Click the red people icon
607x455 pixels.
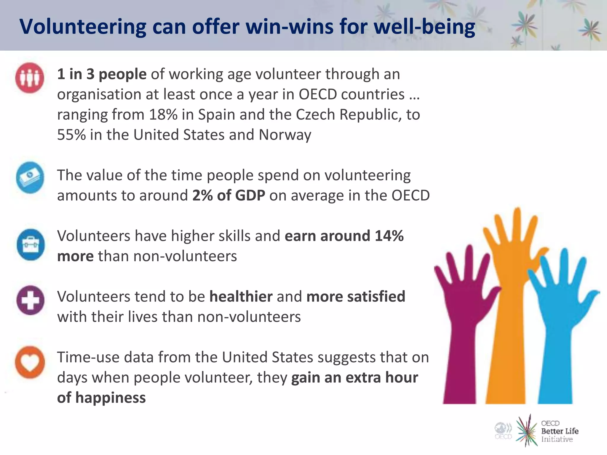pos(30,78)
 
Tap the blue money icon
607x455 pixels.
pos(30,178)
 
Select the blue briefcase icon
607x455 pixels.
pos(31,245)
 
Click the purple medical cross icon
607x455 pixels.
pos(31,300)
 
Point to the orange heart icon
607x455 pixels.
pos(30,362)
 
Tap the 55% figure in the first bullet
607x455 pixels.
pos(71,135)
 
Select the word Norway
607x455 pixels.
pos(285,135)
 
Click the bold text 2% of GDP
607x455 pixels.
pos(229,196)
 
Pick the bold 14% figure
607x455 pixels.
pos(389,236)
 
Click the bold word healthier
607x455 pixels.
pos(241,297)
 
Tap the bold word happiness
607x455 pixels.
pos(110,398)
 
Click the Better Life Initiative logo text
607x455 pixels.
pos(559,431)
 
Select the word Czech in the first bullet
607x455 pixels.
pos(316,115)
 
